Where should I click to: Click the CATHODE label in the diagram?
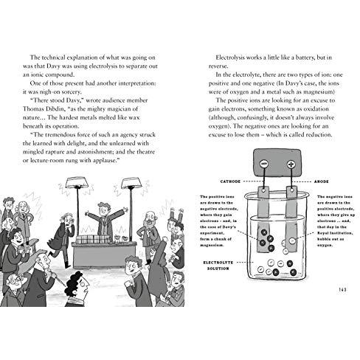pyautogui.click(x=230, y=181)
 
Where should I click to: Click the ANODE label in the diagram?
pyautogui.click(x=322, y=181)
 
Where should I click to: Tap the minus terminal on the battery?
pyautogui.click(x=264, y=164)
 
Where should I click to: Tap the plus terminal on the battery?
pyautogui.click(x=291, y=165)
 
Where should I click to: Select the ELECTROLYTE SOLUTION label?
pyautogui.click(x=218, y=266)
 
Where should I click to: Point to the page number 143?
pyautogui.click(x=342, y=289)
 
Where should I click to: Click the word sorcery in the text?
pyautogui.click(x=71, y=92)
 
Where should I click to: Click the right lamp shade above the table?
pyautogui.click(x=131, y=183)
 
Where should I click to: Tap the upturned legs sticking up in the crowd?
pyautogui.click(x=177, y=214)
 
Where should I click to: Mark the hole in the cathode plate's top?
pyautogui.click(x=263, y=190)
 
